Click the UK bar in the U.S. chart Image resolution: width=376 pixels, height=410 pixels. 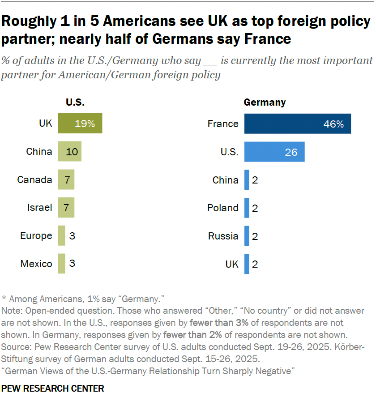pos(80,124)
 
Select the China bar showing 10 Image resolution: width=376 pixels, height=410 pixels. pos(69,152)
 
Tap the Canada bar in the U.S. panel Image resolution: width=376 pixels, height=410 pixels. pos(66,180)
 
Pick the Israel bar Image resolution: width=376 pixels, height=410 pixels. pos(66,208)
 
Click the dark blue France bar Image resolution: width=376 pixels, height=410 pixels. pos(297,124)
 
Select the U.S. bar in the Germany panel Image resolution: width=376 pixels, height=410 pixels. pos(274,152)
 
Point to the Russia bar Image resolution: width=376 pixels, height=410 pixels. pos(247,236)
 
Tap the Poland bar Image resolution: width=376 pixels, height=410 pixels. pos(247,208)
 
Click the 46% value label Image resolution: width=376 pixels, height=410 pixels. pos(333,124)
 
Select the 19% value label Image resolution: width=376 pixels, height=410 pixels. pos(85,124)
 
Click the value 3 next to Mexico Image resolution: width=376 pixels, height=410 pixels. pos(72,264)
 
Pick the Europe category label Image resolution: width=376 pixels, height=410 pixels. pos(36,236)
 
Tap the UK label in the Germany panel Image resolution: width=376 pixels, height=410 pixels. pos(231,264)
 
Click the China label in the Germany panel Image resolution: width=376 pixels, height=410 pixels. pos(225,180)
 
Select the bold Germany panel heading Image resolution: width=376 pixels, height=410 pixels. pos(265,102)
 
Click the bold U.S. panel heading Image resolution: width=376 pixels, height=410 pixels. pos(75,102)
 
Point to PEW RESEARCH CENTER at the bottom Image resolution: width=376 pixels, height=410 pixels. pos(53,389)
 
